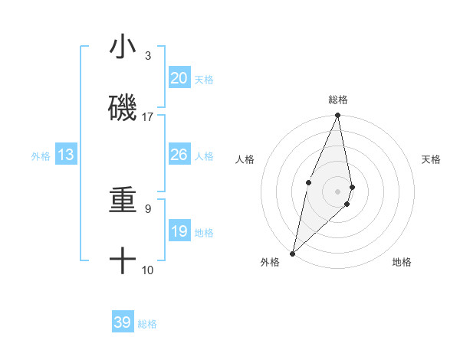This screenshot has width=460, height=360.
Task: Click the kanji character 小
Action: pyautogui.click(x=123, y=47)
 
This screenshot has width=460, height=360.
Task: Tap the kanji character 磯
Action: pyautogui.click(x=123, y=108)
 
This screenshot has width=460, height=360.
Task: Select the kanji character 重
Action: pyautogui.click(x=123, y=201)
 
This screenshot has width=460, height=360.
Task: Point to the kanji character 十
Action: pyautogui.click(x=123, y=261)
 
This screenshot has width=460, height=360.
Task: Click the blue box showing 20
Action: pyautogui.click(x=179, y=78)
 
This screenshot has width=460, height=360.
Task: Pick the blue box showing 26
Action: pyautogui.click(x=179, y=155)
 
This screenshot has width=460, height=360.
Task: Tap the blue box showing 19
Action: pyautogui.click(x=179, y=231)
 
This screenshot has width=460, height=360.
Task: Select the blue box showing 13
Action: pyautogui.click(x=66, y=155)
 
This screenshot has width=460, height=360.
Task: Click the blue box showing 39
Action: pyautogui.click(x=123, y=322)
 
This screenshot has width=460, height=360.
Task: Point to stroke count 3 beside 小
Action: pyautogui.click(x=148, y=56)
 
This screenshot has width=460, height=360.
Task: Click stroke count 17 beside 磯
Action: pyautogui.click(x=148, y=117)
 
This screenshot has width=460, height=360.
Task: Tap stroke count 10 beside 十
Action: pyautogui.click(x=148, y=270)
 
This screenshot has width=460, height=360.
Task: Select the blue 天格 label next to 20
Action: pyautogui.click(x=204, y=79)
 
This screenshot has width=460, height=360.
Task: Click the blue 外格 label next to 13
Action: pyautogui.click(x=41, y=155)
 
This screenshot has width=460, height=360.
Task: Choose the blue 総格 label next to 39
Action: pyautogui.click(x=148, y=323)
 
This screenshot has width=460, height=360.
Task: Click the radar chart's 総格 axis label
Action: pyautogui.click(x=337, y=100)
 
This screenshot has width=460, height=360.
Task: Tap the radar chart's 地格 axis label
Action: pyautogui.click(x=402, y=262)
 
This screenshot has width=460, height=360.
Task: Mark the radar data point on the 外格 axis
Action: pyautogui.click(x=292, y=253)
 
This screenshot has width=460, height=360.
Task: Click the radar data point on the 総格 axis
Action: pyautogui.click(x=337, y=116)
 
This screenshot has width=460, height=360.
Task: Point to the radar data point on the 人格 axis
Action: pyautogui.click(x=308, y=182)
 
